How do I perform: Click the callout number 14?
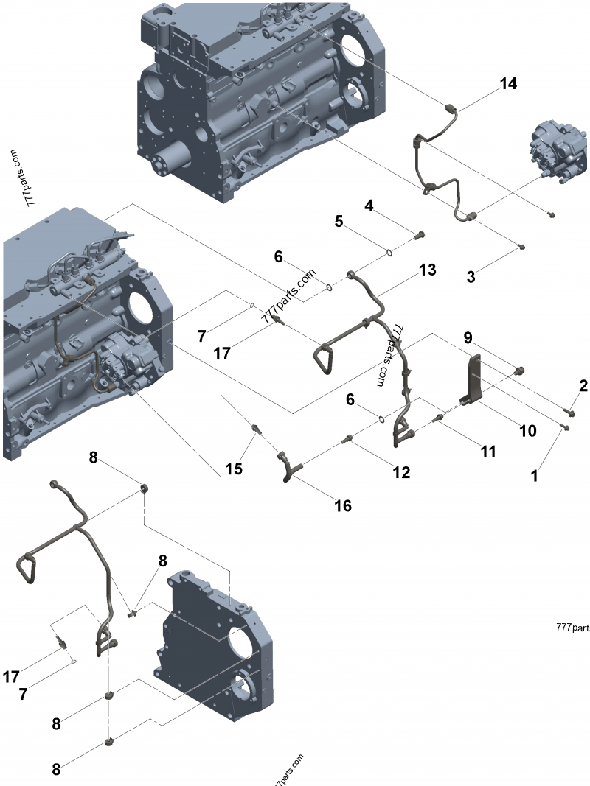coord(507,83)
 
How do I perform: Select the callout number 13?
coord(427,270)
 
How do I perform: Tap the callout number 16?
coord(342,505)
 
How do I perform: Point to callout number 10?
coord(527,430)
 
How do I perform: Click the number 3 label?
coord(470,277)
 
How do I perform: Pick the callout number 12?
coord(400,472)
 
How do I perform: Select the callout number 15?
coord(233,467)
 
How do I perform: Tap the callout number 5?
coord(339,220)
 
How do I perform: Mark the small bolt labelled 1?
coord(565,427)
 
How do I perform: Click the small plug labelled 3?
coord(521,247)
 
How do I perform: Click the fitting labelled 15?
coord(256,428)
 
